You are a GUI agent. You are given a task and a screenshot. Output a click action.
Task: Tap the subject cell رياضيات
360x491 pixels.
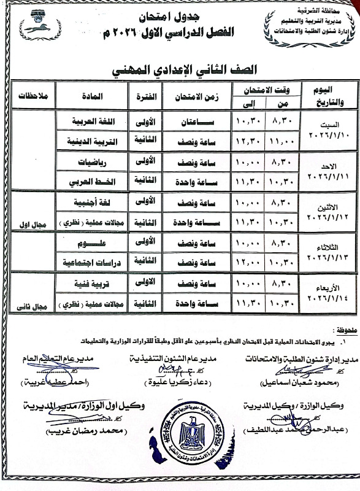click(91, 163)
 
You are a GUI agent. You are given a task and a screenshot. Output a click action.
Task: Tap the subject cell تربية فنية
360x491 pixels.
click(91, 285)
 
